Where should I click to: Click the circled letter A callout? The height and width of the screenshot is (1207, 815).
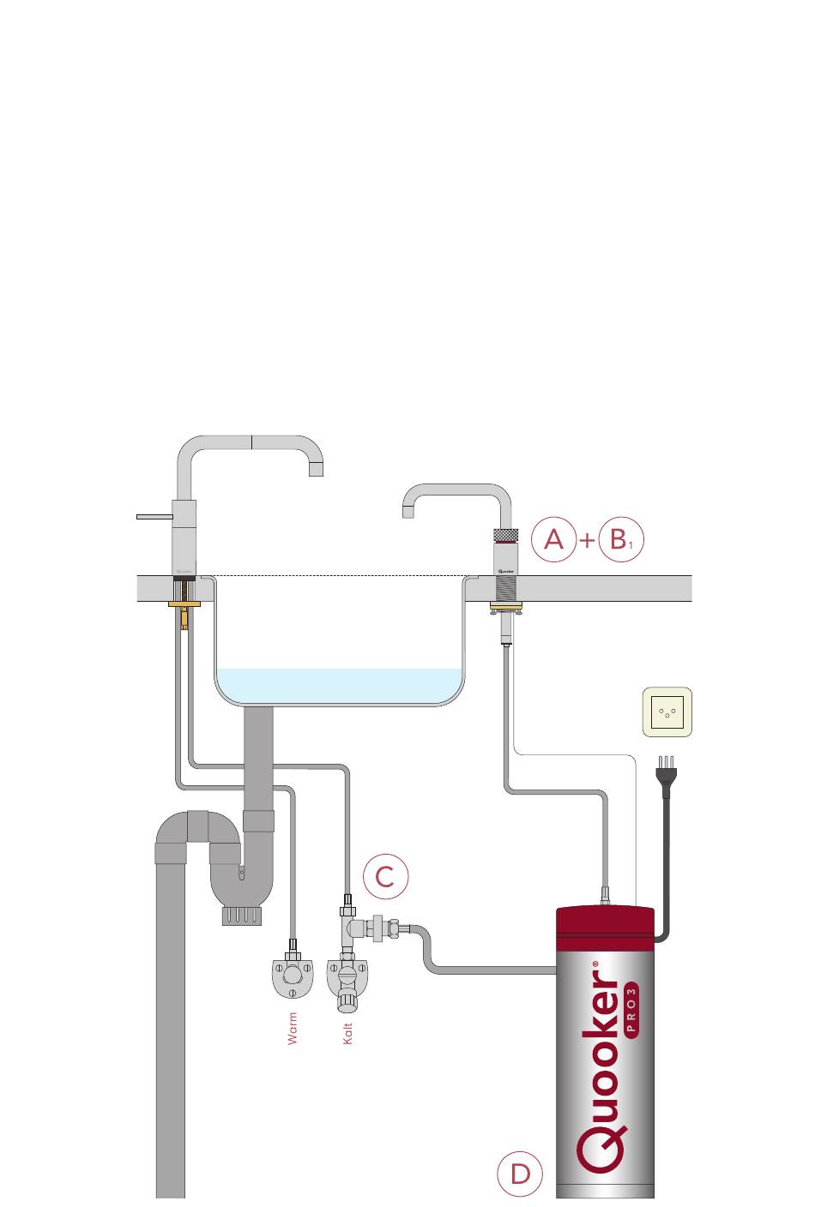coord(553,540)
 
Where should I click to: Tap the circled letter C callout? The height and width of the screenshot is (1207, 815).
coord(385,876)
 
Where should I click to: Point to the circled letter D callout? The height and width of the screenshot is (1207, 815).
coord(520,1174)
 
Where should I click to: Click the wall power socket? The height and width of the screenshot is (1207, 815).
coord(667,712)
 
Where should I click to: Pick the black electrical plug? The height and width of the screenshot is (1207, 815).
coord(664,775)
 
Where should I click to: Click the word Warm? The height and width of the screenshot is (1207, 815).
coord(293,1028)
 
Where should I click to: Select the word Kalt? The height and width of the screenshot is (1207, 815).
coord(347,1033)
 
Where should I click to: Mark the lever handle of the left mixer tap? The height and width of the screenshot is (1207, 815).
coord(155,516)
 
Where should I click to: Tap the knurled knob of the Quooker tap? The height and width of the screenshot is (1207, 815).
coord(504,536)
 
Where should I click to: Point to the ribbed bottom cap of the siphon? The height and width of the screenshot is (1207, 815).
coord(241,916)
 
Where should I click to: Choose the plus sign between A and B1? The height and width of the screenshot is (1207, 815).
coord(587,541)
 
